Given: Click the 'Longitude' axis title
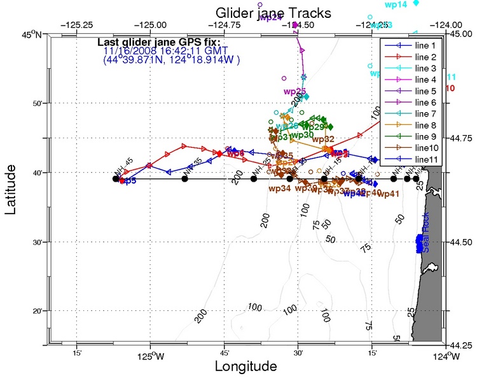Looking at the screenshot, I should pyautogui.click(x=245, y=367).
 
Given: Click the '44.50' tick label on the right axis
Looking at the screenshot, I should pyautogui.click(x=462, y=242).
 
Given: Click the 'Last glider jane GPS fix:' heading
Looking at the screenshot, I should pyautogui.click(x=158, y=43).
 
